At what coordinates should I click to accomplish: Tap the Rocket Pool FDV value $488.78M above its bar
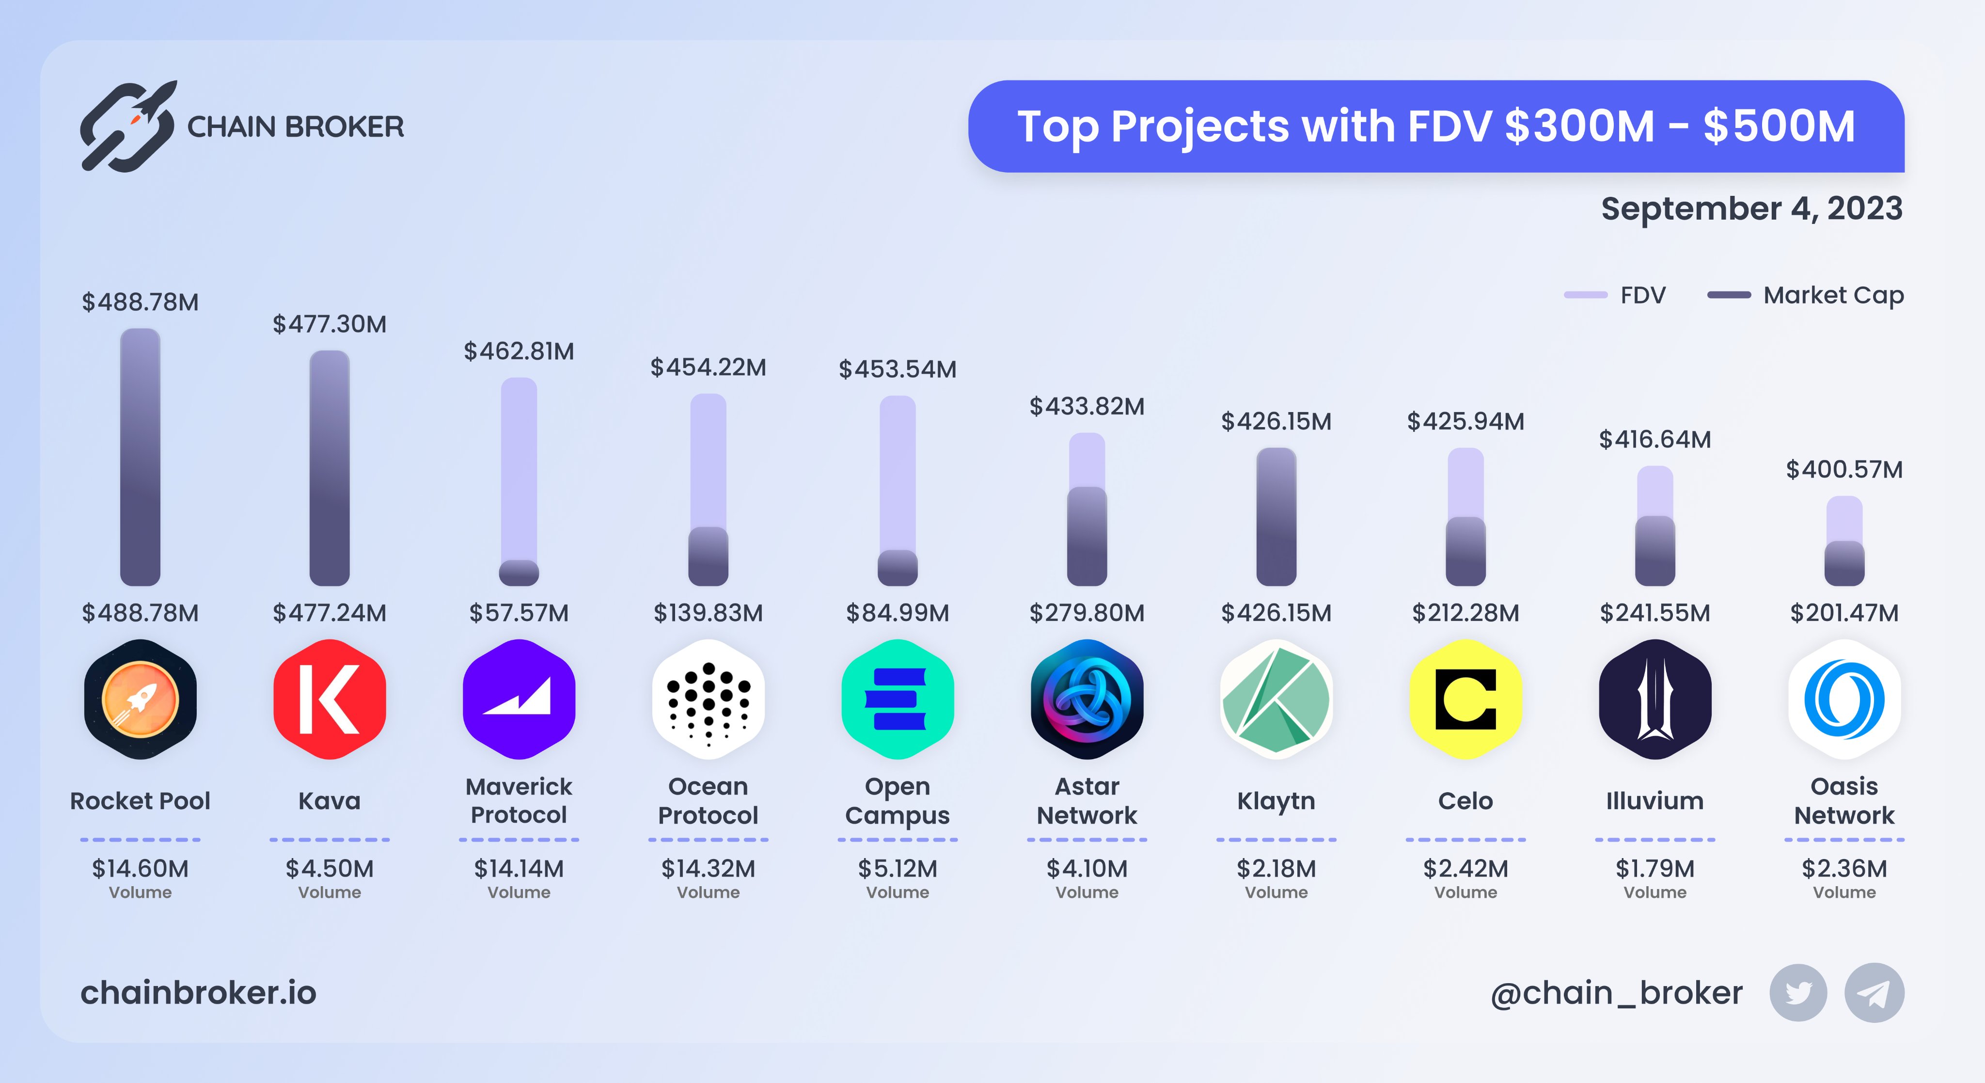point(140,302)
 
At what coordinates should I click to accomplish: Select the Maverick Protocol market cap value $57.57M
point(519,613)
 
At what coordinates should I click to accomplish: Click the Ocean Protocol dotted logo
point(708,699)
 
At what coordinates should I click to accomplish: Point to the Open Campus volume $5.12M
point(897,869)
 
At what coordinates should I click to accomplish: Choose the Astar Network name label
point(1087,801)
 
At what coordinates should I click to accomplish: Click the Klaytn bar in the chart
point(1276,516)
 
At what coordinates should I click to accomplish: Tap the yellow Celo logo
point(1465,699)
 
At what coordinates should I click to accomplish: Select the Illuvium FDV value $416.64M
point(1654,439)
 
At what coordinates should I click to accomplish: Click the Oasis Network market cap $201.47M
point(1844,613)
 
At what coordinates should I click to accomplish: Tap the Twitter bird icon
point(1798,993)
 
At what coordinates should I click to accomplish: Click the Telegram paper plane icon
point(1873,993)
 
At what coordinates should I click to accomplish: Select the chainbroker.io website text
point(198,993)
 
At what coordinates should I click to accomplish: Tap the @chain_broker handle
point(1616,993)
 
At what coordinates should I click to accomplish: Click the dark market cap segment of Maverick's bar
point(519,573)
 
